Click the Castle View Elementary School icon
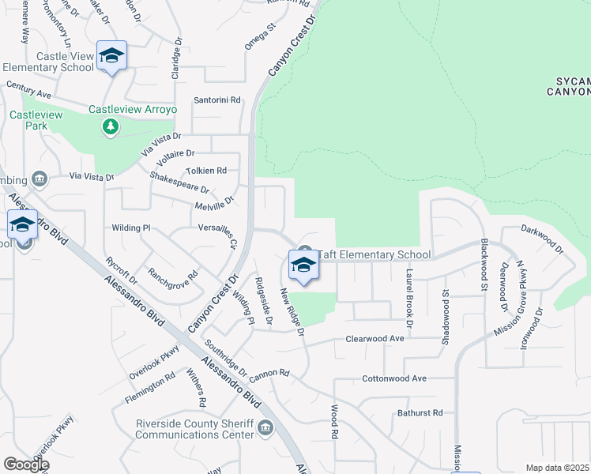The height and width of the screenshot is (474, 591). click(111, 55)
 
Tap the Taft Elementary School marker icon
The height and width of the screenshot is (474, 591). click(303, 265)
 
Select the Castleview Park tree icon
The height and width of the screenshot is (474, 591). click(111, 126)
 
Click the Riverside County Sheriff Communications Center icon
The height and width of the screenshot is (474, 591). click(265, 429)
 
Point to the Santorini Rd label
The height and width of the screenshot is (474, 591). click(217, 100)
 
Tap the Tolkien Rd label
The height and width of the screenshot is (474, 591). click(205, 170)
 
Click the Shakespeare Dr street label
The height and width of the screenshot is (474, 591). click(179, 184)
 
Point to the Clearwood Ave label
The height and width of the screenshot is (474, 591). click(375, 338)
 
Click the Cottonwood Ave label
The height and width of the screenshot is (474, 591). click(393, 378)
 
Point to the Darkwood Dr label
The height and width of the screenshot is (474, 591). click(542, 239)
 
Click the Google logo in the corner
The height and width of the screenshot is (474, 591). click(26, 465)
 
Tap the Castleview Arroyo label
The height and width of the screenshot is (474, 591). click(130, 109)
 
